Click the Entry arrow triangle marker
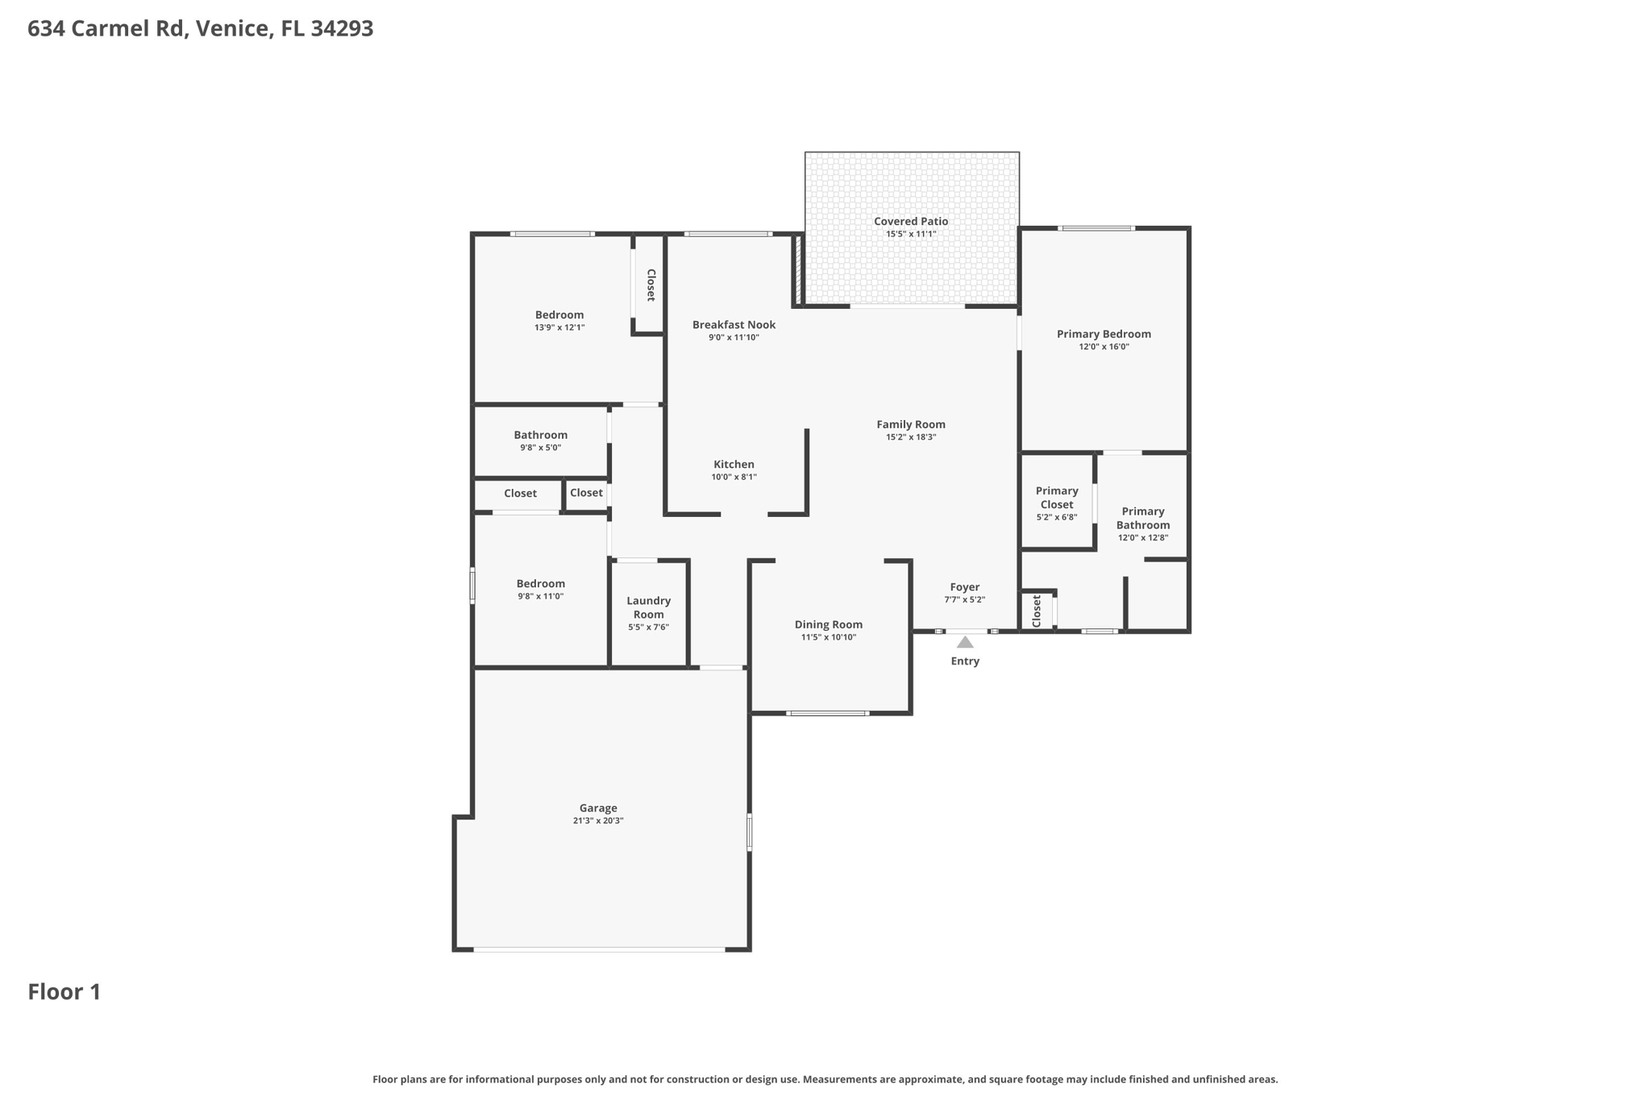(x=965, y=643)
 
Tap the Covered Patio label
(x=911, y=221)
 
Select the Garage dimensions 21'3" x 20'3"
(x=598, y=821)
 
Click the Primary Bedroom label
(x=1104, y=334)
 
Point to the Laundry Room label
(x=648, y=607)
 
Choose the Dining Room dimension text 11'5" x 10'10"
(x=828, y=637)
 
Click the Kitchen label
(x=734, y=465)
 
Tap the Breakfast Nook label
(x=734, y=325)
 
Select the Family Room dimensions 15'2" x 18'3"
(x=911, y=437)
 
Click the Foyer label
(x=965, y=587)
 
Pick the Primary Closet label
(x=1057, y=498)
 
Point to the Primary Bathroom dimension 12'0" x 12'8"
(x=1142, y=537)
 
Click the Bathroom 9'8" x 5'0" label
(x=541, y=436)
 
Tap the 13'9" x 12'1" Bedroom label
(x=559, y=315)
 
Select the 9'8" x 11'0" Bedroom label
(x=541, y=584)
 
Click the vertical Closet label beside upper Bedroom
(x=651, y=285)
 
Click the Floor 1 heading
(x=64, y=992)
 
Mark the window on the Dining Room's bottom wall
(x=828, y=713)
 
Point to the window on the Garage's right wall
(x=750, y=832)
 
